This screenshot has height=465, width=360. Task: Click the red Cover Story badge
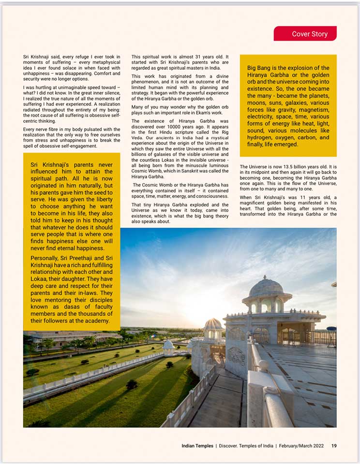click(305, 34)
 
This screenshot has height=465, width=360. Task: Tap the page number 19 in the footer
click(334, 446)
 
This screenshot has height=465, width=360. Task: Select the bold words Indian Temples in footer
click(197, 446)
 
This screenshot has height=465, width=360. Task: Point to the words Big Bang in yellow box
click(259, 68)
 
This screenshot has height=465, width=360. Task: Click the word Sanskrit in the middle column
click(195, 171)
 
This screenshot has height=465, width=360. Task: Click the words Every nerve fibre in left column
click(46, 130)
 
